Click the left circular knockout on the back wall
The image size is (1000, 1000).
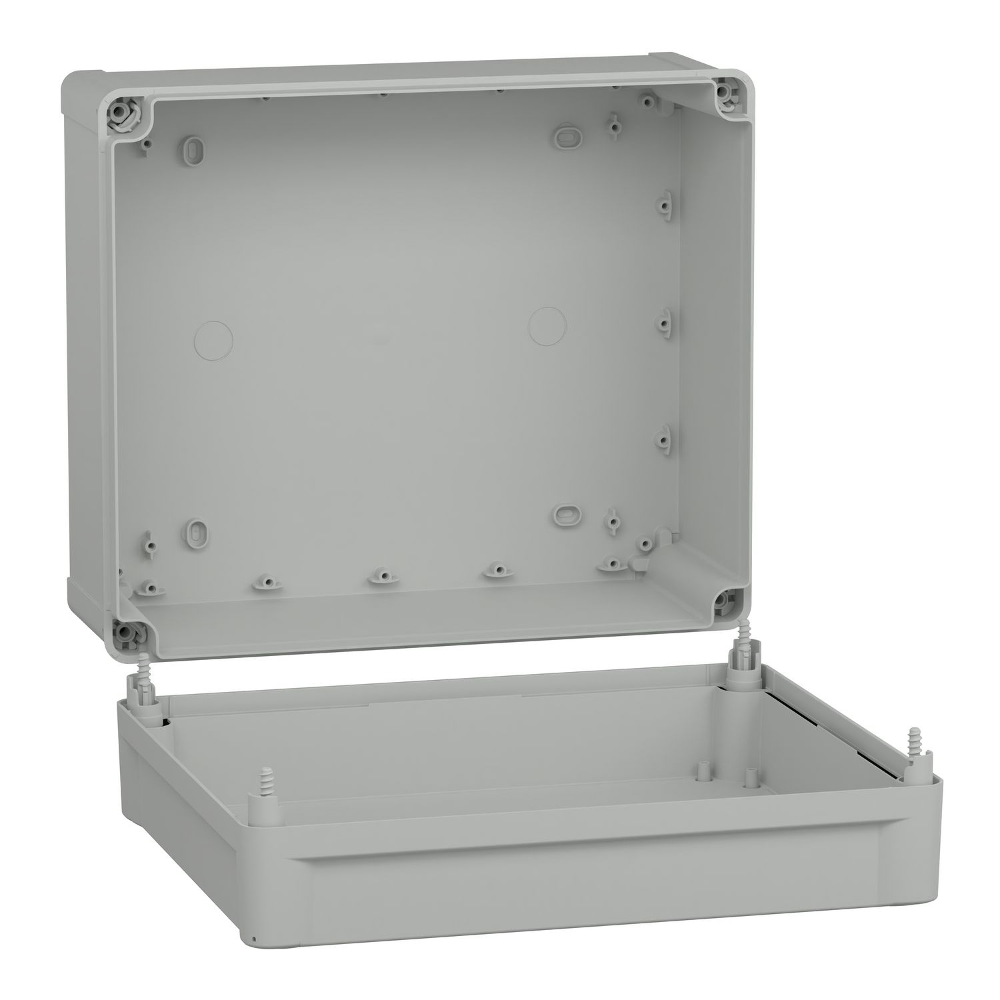coord(214,339)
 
